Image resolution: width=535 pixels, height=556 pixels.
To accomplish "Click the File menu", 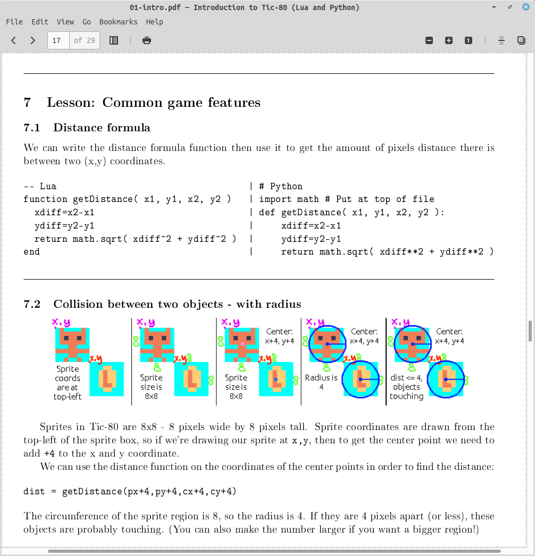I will click(x=14, y=22).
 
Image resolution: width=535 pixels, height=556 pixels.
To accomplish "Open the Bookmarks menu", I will click(x=118, y=22).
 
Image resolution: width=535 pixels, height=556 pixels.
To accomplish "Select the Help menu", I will click(x=155, y=22).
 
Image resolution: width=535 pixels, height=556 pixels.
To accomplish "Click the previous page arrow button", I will click(x=14, y=40).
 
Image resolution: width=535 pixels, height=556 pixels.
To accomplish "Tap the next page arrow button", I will click(x=33, y=40).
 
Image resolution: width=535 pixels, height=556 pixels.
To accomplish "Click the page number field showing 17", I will click(x=57, y=40).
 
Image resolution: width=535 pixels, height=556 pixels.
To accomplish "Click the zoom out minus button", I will click(x=429, y=40).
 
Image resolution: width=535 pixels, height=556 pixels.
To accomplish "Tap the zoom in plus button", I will click(x=449, y=40).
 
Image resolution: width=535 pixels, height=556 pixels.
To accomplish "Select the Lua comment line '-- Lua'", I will click(x=40, y=187).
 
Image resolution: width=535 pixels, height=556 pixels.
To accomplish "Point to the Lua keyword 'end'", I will click(x=31, y=252).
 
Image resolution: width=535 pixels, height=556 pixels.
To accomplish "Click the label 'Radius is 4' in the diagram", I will click(x=321, y=382).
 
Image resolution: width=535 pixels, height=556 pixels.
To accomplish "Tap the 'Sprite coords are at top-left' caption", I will click(x=68, y=383).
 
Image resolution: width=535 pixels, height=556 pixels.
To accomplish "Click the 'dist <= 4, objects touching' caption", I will click(x=406, y=387).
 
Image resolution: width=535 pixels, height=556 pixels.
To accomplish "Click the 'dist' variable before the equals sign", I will click(x=34, y=492).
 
